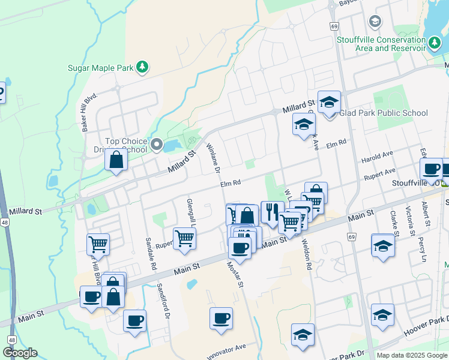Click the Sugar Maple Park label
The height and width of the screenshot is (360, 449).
100,68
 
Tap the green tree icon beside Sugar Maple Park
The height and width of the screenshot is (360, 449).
142,67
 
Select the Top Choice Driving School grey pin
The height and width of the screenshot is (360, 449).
157,144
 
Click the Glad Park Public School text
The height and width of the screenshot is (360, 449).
384,113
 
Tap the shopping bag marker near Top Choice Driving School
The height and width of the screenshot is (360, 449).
116,161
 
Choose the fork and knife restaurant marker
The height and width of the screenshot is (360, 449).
272,212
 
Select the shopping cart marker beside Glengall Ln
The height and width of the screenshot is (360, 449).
185,238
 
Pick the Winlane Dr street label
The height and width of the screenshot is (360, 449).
214,158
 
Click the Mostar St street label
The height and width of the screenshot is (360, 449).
234,274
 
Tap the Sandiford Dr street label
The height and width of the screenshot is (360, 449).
164,301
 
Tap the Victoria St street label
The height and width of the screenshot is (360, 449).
411,220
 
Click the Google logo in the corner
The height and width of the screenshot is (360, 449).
20,353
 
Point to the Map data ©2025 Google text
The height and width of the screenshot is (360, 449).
412,355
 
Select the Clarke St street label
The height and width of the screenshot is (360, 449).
394,223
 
